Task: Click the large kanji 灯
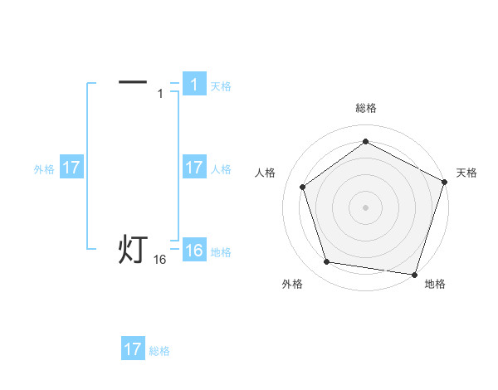click(133, 249)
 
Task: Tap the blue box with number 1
click(193, 85)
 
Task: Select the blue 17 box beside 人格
click(193, 168)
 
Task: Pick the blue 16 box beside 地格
click(193, 251)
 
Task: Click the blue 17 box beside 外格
click(71, 168)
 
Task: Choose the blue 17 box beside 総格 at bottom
click(133, 349)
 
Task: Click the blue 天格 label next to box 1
click(221, 85)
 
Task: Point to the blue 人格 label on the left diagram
click(221, 168)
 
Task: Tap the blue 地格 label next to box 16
click(221, 251)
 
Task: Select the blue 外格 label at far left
click(44, 168)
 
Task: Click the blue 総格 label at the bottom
click(159, 350)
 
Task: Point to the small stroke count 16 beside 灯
click(160, 260)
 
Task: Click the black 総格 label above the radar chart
click(365, 108)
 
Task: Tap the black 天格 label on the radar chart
click(466, 173)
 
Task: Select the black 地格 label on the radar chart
click(435, 284)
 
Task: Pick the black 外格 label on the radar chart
click(292, 284)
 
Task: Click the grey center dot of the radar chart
click(365, 207)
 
